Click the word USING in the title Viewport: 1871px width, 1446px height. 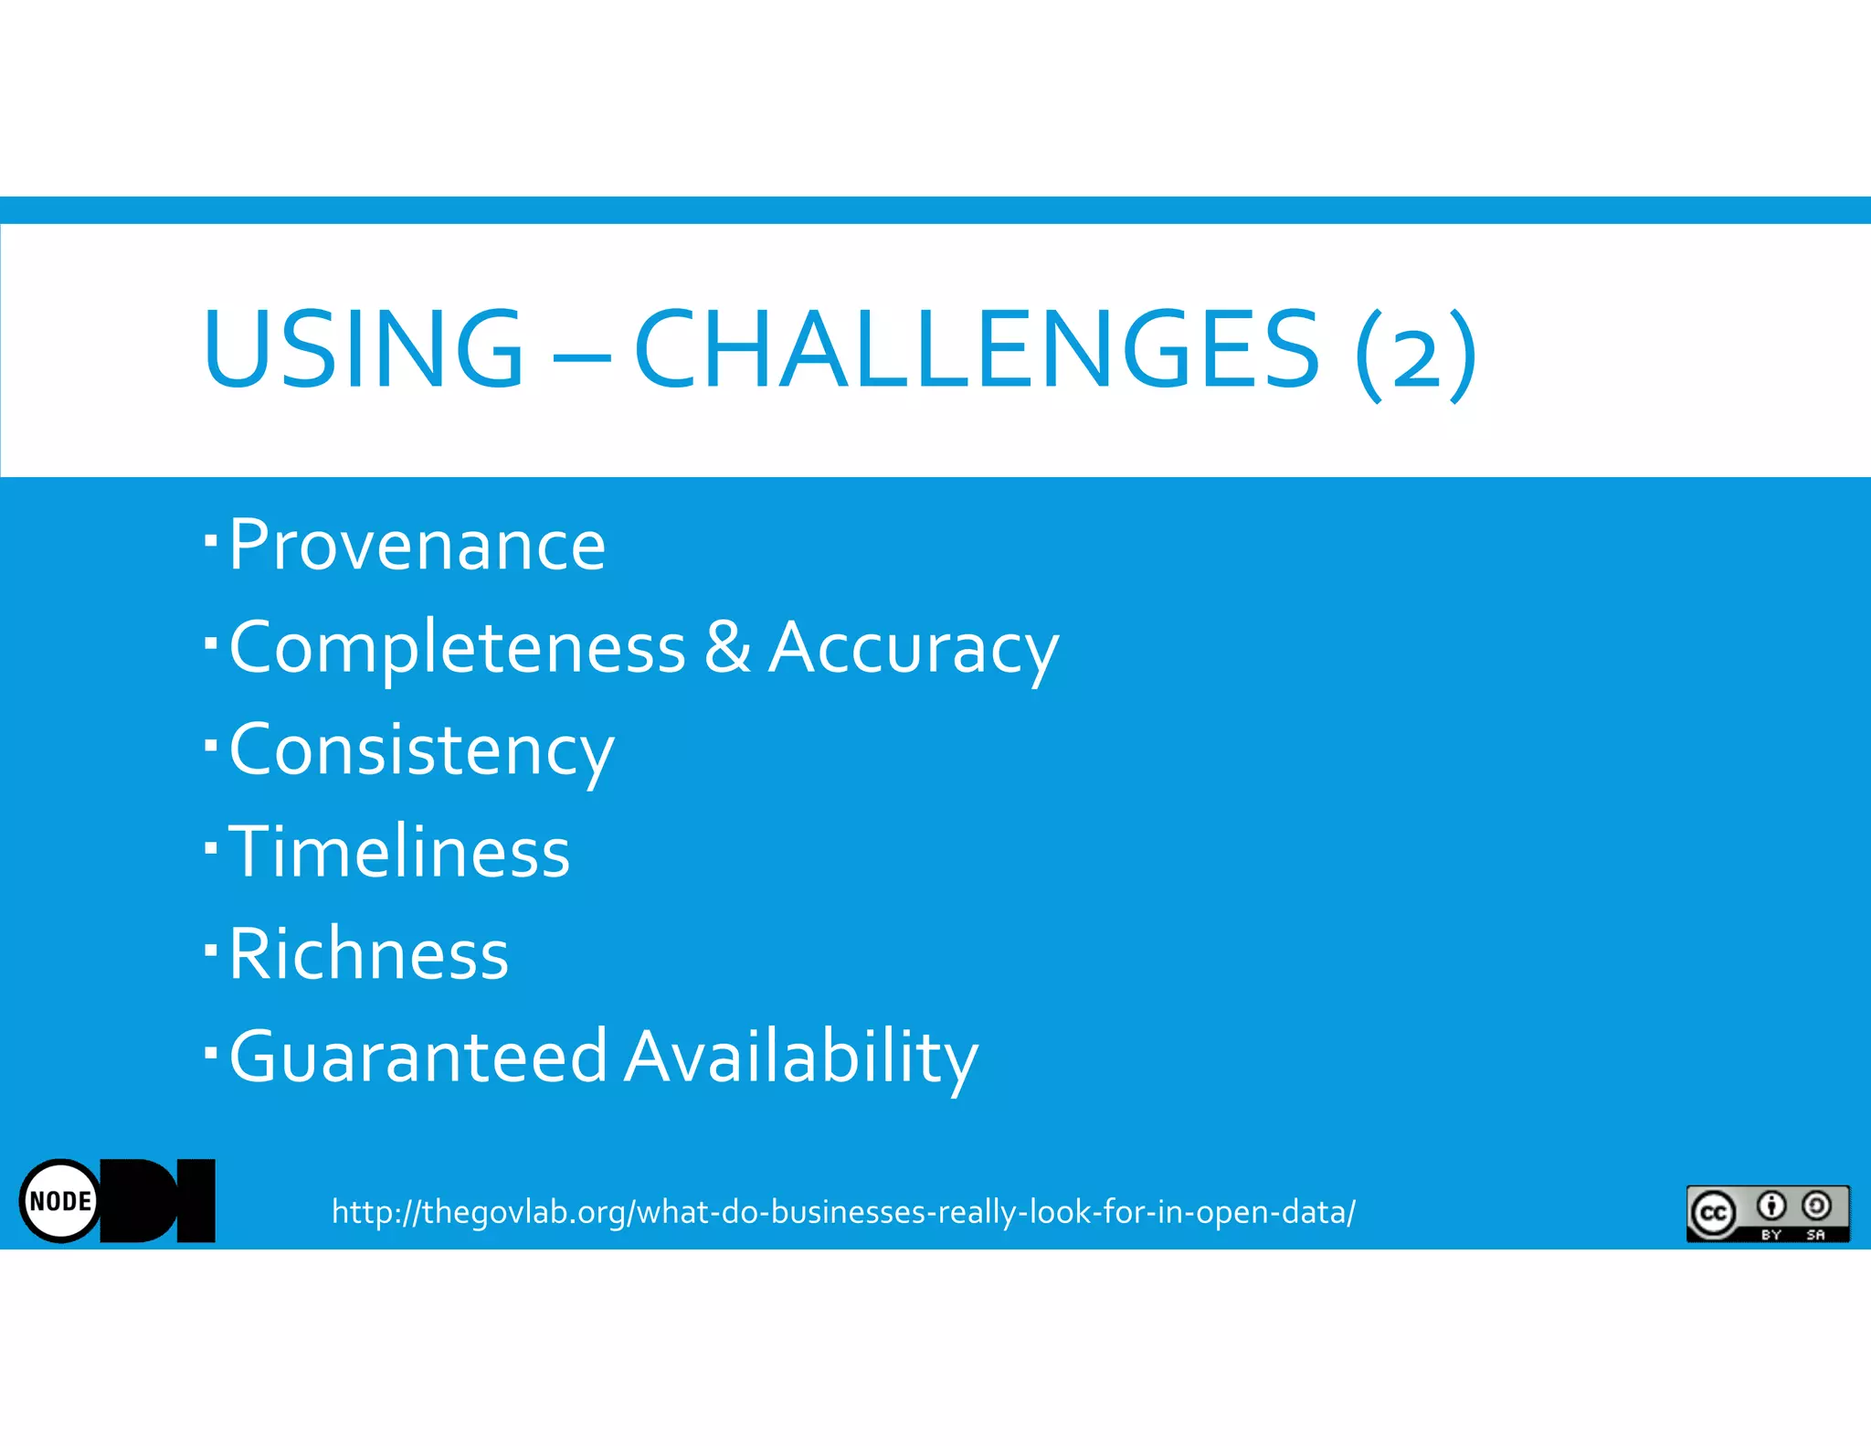tap(364, 349)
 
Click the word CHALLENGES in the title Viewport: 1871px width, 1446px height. tap(976, 349)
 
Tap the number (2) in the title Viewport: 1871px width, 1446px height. tap(1415, 355)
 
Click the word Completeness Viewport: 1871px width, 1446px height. tap(457, 648)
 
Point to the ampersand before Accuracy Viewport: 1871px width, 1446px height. tap(727, 646)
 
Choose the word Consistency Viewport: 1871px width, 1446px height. tap(421, 751)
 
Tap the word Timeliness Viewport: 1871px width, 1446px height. tap(399, 852)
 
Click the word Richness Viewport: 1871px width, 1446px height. tap(368, 954)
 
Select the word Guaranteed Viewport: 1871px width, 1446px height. tap(418, 1057)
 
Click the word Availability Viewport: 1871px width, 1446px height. tap(801, 1058)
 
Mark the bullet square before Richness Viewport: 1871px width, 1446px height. tap(211, 950)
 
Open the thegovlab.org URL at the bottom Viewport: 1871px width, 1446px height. tap(842, 1212)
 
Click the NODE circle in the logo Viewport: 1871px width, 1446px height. tap(60, 1201)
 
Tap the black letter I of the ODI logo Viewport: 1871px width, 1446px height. tap(196, 1200)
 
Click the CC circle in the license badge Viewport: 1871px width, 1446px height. tap(1712, 1213)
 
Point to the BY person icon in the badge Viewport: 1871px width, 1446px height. tap(1771, 1207)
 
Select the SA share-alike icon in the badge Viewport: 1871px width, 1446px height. tap(1816, 1207)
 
